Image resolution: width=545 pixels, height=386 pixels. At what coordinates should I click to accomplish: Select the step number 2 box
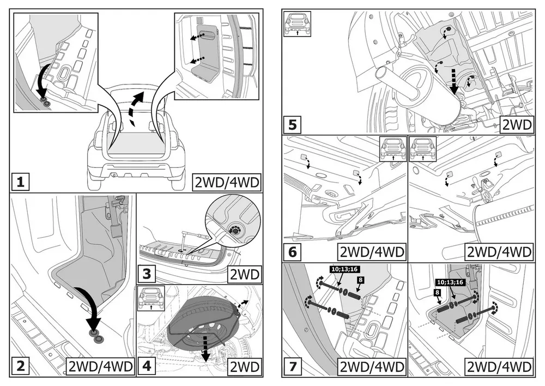pyautogui.click(x=20, y=366)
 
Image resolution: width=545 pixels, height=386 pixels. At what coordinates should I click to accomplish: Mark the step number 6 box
pyautogui.click(x=293, y=252)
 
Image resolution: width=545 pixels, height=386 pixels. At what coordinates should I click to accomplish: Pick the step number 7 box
pyautogui.click(x=293, y=366)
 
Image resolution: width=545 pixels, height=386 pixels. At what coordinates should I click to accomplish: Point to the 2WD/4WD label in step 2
pyautogui.click(x=101, y=366)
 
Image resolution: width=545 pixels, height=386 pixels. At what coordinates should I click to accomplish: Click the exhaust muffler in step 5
pyautogui.click(x=431, y=95)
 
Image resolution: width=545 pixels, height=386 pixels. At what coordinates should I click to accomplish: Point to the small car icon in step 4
pyautogui.click(x=149, y=297)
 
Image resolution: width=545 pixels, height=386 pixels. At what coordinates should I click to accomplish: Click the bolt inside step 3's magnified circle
pyautogui.click(x=235, y=231)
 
